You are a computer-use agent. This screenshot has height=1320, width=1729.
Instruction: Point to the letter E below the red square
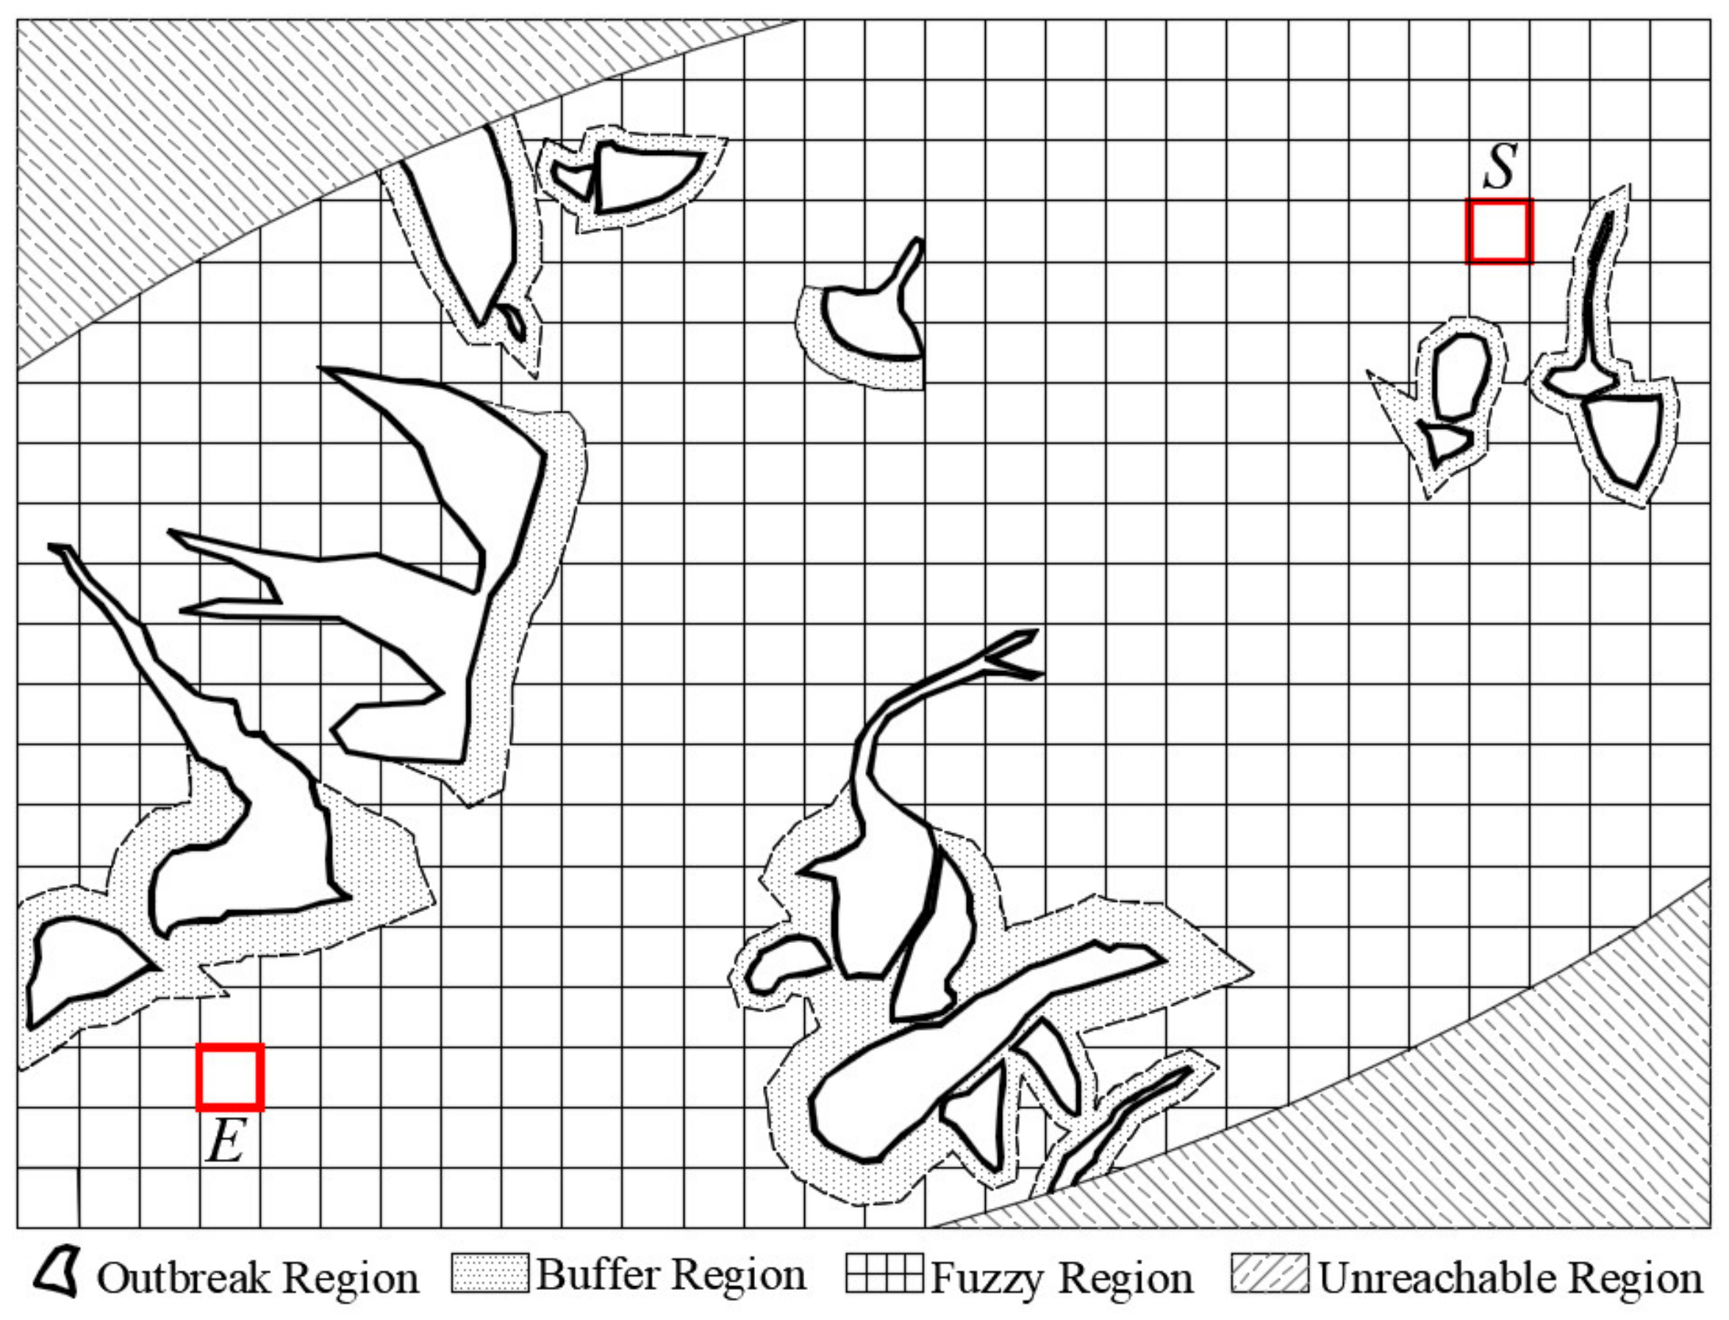click(x=226, y=1140)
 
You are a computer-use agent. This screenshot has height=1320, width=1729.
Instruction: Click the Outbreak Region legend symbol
click(x=57, y=1276)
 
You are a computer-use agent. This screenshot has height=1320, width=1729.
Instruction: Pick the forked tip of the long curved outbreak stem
click(x=1014, y=652)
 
